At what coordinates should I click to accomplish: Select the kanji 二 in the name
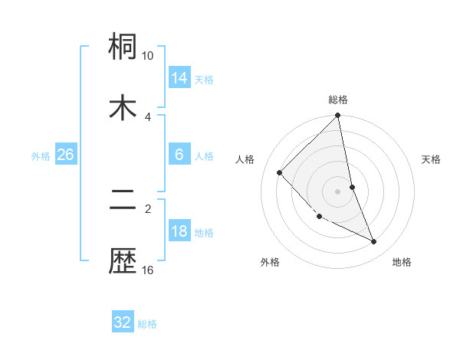point(123,201)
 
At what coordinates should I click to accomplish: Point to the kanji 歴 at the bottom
point(123,261)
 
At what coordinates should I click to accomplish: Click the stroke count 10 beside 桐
point(148,56)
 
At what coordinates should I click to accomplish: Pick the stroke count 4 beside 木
point(148,116)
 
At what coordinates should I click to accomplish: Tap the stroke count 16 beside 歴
point(148,270)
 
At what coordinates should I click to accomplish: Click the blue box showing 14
point(179,78)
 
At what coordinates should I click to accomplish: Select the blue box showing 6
point(179,155)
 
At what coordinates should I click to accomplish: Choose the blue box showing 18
point(179,231)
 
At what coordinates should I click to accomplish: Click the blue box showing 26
point(65,155)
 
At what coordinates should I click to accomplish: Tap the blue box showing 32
point(123,322)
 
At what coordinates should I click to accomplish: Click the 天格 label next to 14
point(204,79)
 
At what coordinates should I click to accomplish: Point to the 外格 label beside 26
point(41,155)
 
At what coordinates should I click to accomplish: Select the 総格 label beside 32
point(147,323)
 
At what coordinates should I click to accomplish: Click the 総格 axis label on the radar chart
point(338,100)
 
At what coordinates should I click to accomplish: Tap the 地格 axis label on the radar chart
point(402,262)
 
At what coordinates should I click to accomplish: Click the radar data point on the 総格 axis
point(338,116)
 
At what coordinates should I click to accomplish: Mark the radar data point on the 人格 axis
point(280,172)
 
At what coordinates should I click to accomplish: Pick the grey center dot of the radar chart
point(338,191)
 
